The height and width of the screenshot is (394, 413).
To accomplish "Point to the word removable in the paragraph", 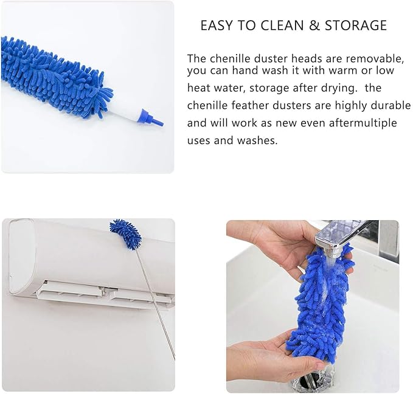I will (377, 58).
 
